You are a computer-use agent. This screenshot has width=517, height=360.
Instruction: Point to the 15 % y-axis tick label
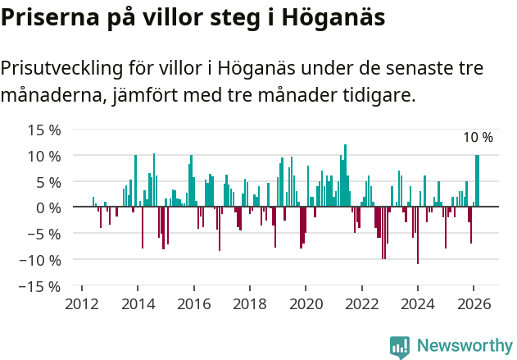[x=44, y=130]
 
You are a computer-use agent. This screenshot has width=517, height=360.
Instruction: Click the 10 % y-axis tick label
[x=44, y=156]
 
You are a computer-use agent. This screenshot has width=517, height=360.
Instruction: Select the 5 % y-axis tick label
[x=48, y=182]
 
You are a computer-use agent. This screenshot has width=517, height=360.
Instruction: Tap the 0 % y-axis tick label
[x=48, y=208]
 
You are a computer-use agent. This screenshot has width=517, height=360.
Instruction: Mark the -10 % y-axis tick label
[x=40, y=261]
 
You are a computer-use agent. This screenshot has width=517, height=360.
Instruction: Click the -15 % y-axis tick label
[x=40, y=287]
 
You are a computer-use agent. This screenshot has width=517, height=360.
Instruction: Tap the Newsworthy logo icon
[x=400, y=346]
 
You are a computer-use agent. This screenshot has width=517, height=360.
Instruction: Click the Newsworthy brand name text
[x=464, y=346]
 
